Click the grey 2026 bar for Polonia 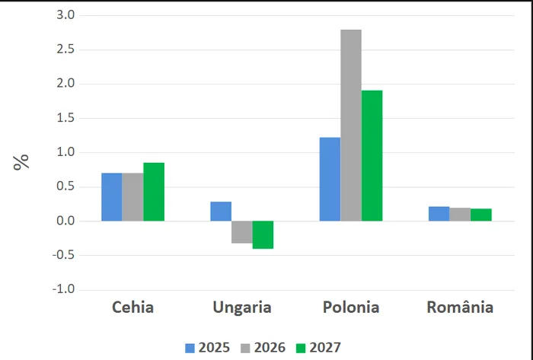pos(351,126)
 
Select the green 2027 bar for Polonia pos(372,156)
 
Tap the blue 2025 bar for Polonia pos(330,179)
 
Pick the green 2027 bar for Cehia pos(154,192)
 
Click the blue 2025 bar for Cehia pos(112,197)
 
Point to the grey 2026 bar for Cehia pos(132,197)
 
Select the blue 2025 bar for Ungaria pos(221,212)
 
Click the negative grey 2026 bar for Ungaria pos(242,232)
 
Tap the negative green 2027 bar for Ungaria pos(263,234)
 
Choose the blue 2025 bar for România pos(439,214)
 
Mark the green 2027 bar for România pos(480,215)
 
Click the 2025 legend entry pos(209,348)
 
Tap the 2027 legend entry pos(318,348)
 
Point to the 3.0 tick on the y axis pos(65,15)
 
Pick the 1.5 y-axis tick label pos(65,118)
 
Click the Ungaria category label pos(241,308)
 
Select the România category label pos(460,308)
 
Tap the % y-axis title pos(21,161)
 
